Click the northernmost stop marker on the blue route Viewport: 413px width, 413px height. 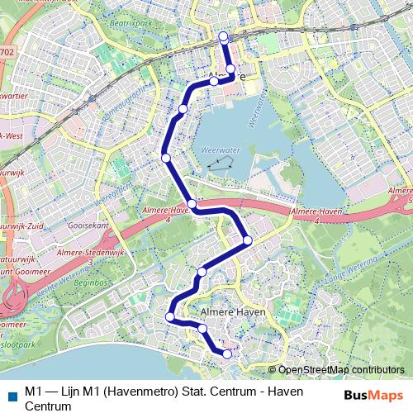(x=223, y=36)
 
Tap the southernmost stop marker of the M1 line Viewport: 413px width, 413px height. (x=227, y=354)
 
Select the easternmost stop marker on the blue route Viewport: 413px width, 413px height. (x=248, y=240)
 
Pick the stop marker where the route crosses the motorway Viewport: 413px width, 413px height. (x=192, y=204)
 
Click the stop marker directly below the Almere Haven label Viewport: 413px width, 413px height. (x=202, y=329)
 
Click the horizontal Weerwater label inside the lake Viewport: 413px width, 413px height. (x=218, y=150)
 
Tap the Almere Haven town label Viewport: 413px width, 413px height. (x=234, y=311)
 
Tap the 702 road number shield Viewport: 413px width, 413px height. (x=7, y=53)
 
